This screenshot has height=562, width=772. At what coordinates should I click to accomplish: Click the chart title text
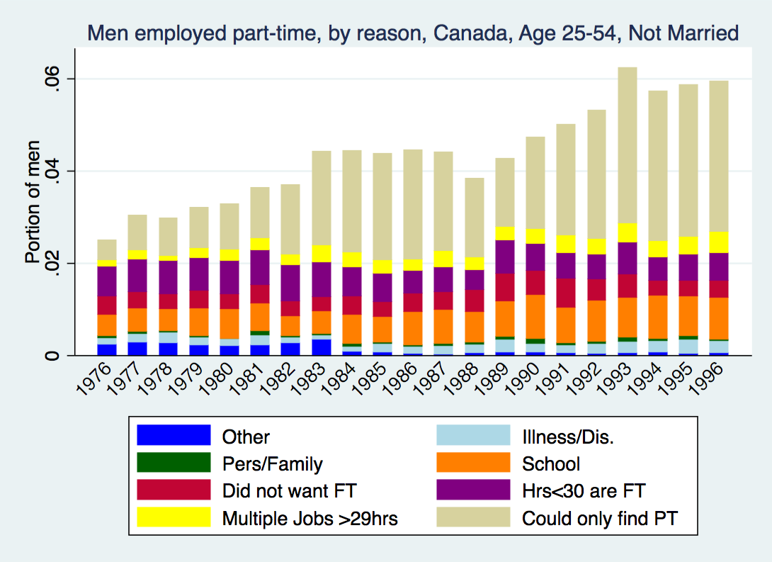pyautogui.click(x=412, y=33)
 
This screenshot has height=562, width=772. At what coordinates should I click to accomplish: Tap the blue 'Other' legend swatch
pyautogui.click(x=174, y=437)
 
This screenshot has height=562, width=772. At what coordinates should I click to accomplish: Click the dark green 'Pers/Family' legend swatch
pyautogui.click(x=174, y=463)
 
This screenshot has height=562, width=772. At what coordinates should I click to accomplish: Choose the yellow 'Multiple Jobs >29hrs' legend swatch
pyautogui.click(x=174, y=518)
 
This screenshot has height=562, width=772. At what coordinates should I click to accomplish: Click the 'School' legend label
pyautogui.click(x=551, y=464)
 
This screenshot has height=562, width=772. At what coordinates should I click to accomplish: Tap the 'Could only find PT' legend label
pyautogui.click(x=600, y=519)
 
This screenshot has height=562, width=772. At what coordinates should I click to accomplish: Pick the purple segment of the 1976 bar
pyautogui.click(x=107, y=281)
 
